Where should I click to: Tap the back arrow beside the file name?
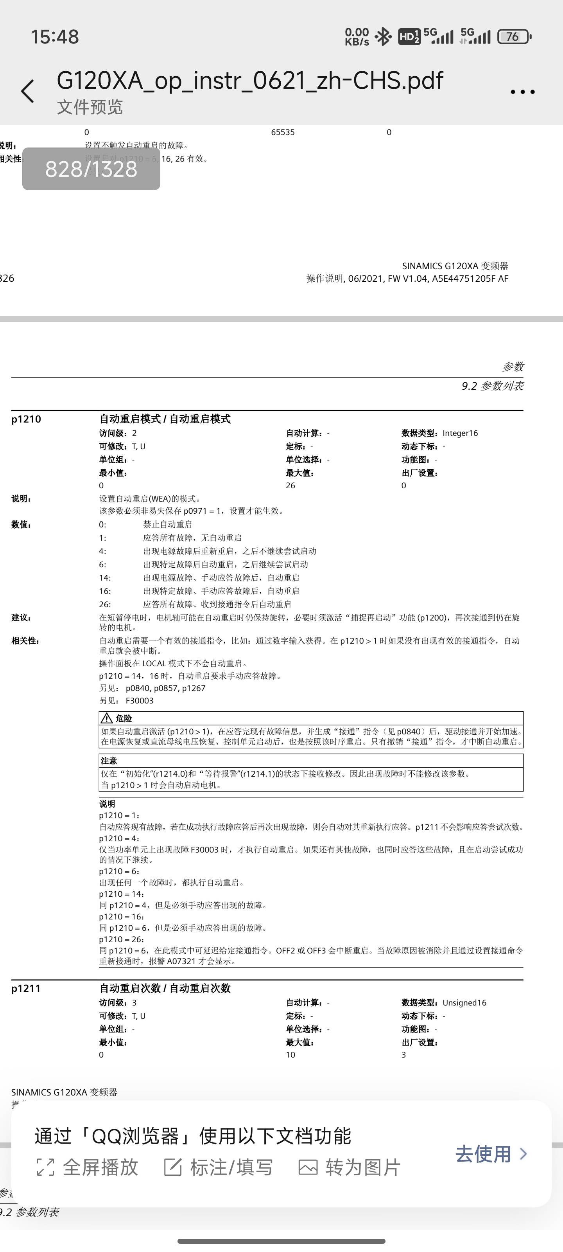[28, 92]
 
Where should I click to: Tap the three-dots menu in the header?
[522, 92]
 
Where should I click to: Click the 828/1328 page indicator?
[91, 169]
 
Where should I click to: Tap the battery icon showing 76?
[514, 36]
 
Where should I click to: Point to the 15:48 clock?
[55, 37]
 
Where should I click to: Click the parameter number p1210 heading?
[26, 419]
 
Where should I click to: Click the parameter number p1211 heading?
[26, 988]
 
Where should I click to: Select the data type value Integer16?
[460, 433]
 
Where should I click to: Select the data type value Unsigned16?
[464, 1003]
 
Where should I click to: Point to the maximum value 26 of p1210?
[290, 486]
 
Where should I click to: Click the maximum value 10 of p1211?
[290, 1055]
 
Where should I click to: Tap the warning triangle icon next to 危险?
[106, 718]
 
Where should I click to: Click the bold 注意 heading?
[109, 761]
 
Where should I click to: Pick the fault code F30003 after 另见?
[140, 701]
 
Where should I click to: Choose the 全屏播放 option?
[88, 1167]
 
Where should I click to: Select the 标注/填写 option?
[219, 1167]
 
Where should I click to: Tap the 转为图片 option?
[350, 1167]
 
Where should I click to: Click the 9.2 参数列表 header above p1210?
[493, 386]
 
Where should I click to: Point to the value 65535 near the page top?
[283, 132]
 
